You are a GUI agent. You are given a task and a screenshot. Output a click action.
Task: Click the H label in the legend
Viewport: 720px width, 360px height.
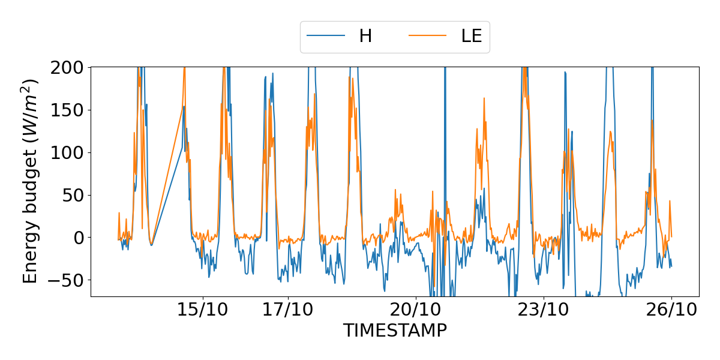365,36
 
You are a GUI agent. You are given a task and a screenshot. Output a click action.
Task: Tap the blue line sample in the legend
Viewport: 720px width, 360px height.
326,36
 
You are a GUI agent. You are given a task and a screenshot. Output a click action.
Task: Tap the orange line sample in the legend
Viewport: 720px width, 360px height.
428,36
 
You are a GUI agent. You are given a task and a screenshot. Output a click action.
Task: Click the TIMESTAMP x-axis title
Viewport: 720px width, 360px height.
395,331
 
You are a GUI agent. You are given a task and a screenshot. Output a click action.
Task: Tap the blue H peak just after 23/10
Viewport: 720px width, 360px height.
565,73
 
